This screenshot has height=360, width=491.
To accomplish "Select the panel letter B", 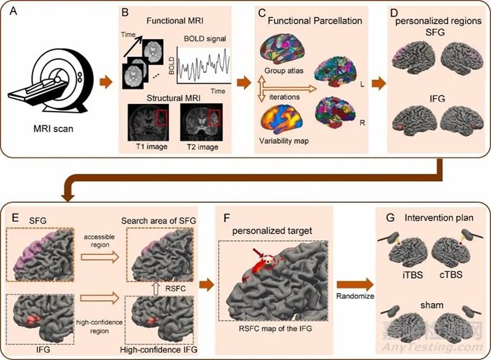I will point(125,12).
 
